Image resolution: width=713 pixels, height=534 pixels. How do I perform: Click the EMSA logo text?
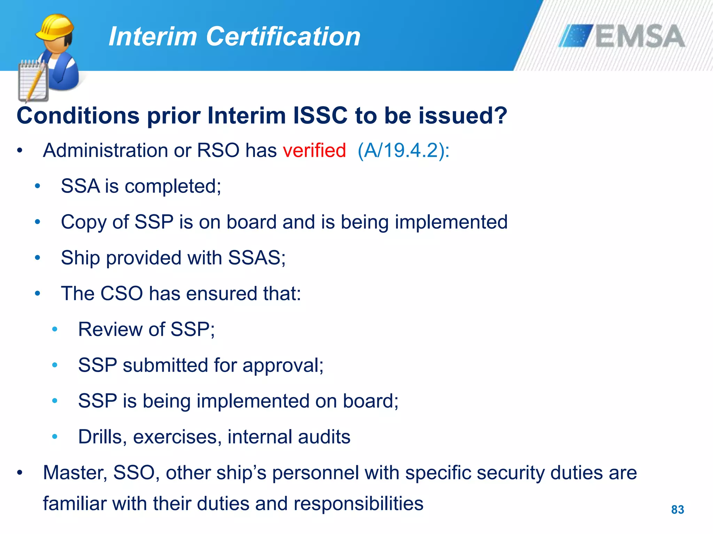click(640, 36)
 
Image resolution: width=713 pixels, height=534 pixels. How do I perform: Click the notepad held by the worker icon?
click(33, 82)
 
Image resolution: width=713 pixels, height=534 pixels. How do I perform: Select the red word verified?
click(314, 151)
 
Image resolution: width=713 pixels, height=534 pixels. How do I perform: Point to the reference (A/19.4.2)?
click(403, 151)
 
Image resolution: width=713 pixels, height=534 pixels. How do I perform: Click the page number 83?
click(677, 510)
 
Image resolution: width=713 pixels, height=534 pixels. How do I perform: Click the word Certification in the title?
click(283, 37)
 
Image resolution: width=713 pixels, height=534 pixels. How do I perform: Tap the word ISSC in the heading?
click(320, 115)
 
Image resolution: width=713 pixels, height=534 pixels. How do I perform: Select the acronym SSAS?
click(256, 258)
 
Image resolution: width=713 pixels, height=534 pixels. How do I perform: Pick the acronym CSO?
click(122, 293)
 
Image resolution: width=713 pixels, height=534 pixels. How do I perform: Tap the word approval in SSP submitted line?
click(283, 366)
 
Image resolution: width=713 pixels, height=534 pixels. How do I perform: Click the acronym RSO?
click(218, 151)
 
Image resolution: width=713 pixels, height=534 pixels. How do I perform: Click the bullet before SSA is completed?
click(38, 186)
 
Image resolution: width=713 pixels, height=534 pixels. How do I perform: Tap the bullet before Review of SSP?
click(55, 329)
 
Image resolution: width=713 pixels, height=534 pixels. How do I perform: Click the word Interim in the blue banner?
click(153, 37)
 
